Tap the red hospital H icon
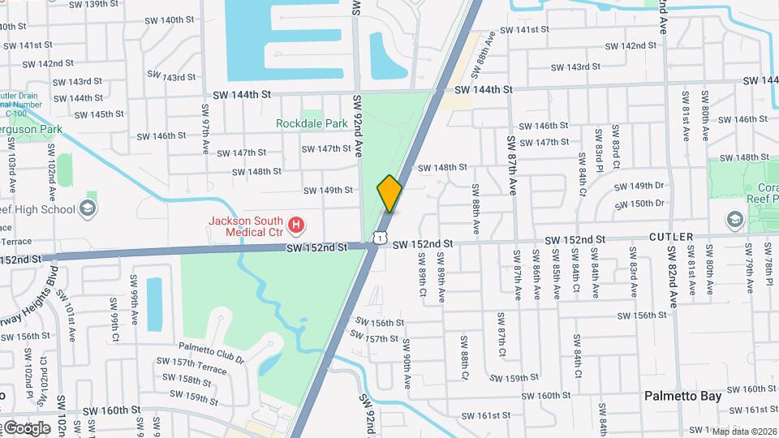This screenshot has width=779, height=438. point(297,223)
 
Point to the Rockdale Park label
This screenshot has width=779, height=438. point(312,123)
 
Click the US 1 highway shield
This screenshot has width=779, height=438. point(378,236)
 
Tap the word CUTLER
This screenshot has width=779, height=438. point(671,237)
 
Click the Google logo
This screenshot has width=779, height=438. point(26,427)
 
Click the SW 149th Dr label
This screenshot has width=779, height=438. point(639,186)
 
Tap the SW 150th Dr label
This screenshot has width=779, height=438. point(639,204)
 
